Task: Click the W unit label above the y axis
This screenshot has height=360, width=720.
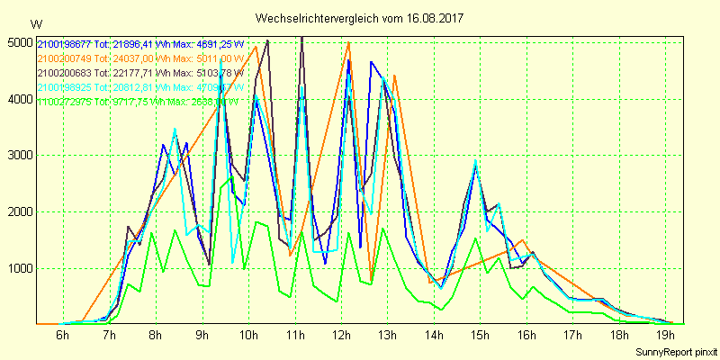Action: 35,23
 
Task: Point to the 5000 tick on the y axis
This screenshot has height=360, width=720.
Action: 18,42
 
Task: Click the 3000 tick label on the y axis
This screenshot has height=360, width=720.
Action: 18,155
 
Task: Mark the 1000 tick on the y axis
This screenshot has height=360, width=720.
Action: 18,268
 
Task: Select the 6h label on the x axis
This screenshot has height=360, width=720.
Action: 62,336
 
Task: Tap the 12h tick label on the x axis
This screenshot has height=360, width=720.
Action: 341,336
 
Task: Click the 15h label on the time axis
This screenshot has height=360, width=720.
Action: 481,336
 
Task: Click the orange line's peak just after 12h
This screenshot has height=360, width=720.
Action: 348,42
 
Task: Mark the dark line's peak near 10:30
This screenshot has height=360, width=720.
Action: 267,40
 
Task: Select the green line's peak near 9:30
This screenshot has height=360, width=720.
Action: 232,177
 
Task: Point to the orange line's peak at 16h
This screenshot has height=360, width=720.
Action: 523,239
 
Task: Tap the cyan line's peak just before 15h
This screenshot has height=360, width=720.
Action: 476,161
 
